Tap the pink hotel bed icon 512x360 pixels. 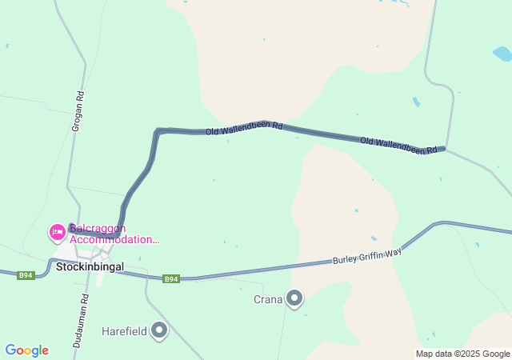[x=58, y=233]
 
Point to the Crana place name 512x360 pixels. [x=268, y=300]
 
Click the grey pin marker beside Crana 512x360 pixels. [x=295, y=299]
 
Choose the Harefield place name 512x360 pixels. [x=125, y=330]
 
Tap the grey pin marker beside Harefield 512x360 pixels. [x=160, y=330]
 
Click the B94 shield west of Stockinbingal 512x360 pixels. [x=26, y=275]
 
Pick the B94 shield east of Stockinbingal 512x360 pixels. [x=171, y=278]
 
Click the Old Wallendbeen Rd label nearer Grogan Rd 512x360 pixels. [x=244, y=129]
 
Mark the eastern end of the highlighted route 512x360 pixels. [x=442, y=149]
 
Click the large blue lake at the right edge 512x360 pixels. [x=502, y=54]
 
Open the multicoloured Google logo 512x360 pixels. [x=26, y=350]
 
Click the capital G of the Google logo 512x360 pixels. [x=10, y=350]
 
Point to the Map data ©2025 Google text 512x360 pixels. [x=462, y=354]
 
